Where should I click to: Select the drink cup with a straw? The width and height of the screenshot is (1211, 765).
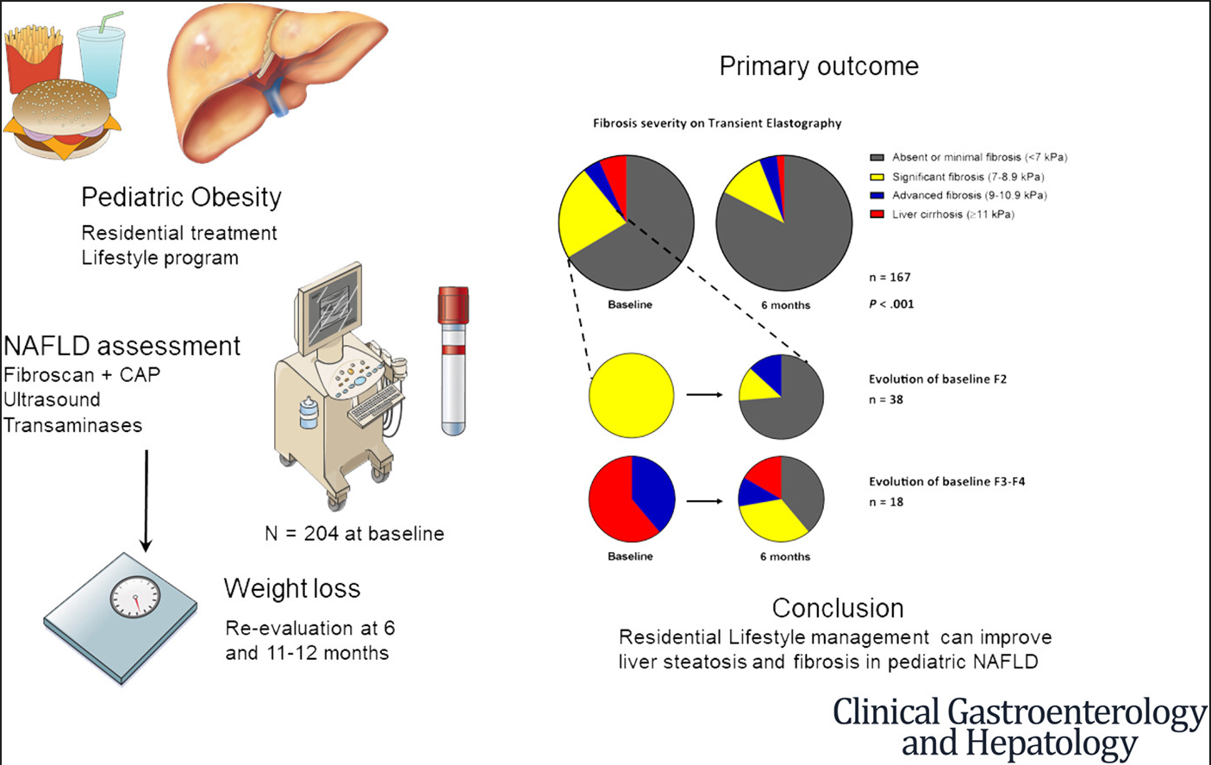[100, 57]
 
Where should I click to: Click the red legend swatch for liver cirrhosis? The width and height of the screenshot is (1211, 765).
[877, 214]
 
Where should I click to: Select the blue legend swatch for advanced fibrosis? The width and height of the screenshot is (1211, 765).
[877, 195]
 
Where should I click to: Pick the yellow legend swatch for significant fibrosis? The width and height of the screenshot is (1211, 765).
[877, 177]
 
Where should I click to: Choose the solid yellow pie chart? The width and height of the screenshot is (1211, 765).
[631, 396]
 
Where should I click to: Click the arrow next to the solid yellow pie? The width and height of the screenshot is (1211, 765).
[704, 395]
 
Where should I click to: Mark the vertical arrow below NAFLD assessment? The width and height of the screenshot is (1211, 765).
[147, 500]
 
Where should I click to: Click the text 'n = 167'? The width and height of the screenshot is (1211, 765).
[890, 278]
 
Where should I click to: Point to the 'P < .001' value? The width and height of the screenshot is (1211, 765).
[891, 304]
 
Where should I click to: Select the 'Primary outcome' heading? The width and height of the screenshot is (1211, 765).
[819, 66]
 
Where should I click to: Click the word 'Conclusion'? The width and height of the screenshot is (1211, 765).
[838, 608]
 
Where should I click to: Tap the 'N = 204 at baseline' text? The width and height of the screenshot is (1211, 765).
[354, 534]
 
